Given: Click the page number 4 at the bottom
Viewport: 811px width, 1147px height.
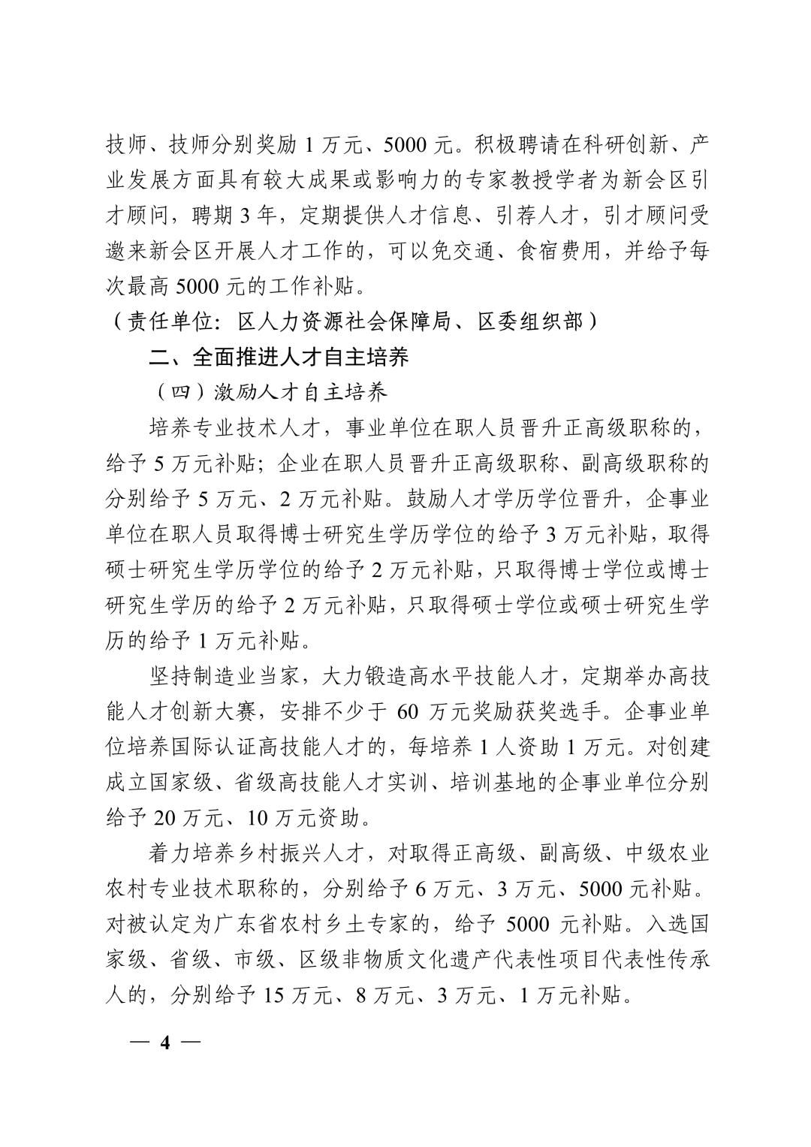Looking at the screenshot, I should click(166, 1042).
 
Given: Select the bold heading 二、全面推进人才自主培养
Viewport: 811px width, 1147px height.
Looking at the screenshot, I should click(279, 357).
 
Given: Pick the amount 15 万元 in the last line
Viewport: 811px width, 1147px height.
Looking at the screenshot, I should click(297, 995).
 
